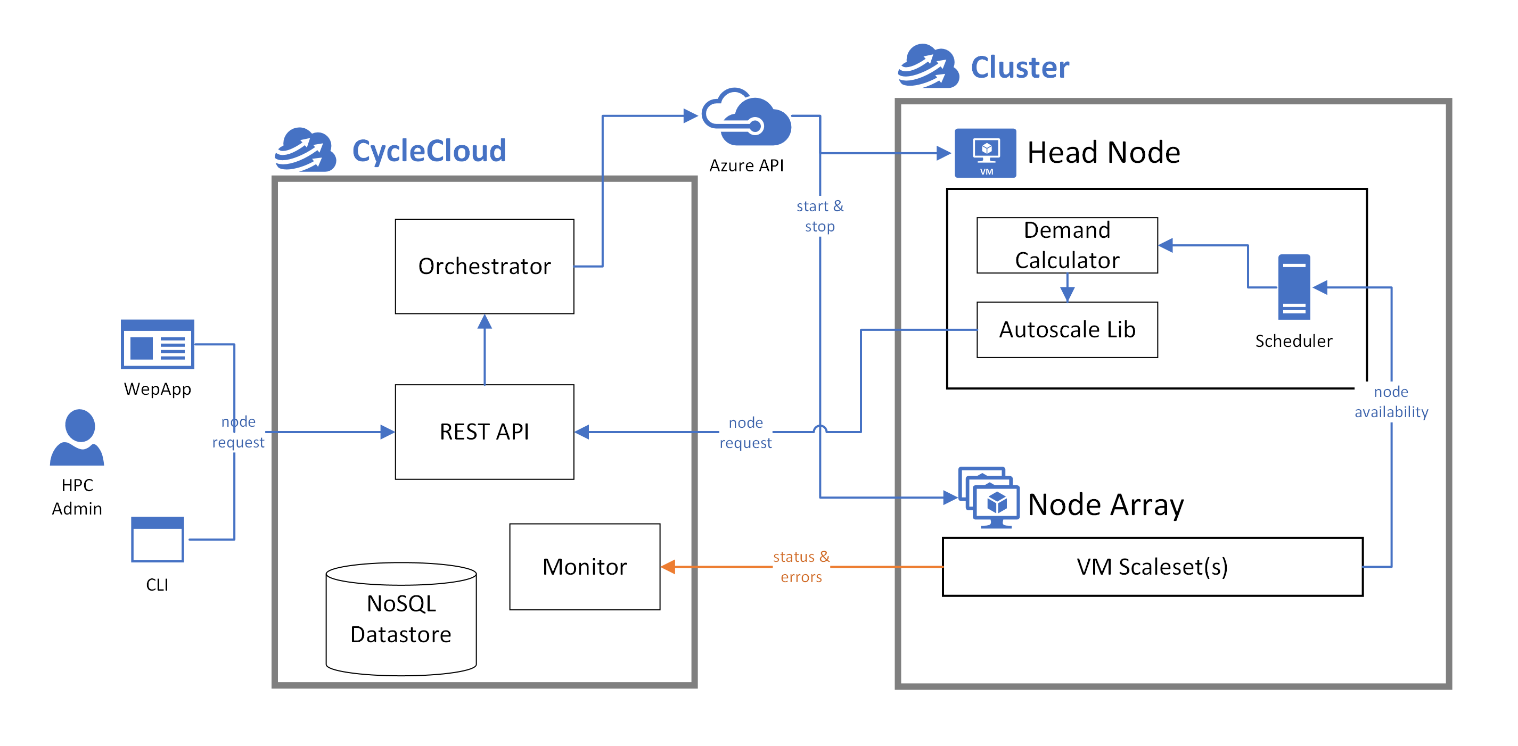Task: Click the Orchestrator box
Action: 484,266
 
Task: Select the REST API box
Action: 484,432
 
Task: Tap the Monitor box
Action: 584,567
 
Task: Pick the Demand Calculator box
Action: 1066,245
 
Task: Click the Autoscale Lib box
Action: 1066,329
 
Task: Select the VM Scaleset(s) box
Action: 1152,567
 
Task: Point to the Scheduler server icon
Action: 1293,287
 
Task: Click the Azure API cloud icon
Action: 746,118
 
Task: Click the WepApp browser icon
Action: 158,344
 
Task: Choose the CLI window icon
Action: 158,538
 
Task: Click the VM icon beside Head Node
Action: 985,153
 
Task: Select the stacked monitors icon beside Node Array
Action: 989,498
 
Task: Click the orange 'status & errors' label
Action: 801,567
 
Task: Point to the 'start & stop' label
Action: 819,216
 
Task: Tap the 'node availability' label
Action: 1391,402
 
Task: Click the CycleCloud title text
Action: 429,151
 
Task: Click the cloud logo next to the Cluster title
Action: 928,66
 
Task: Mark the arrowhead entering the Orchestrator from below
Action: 485,321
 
